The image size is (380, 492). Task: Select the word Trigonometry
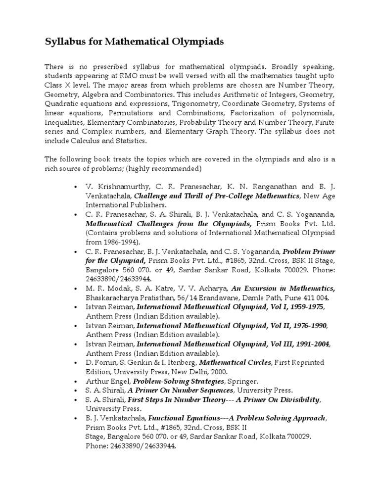point(193,103)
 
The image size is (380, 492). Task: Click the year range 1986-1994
point(118,243)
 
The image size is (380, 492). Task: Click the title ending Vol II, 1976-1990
point(232,326)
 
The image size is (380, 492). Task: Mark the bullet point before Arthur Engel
point(75,382)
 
